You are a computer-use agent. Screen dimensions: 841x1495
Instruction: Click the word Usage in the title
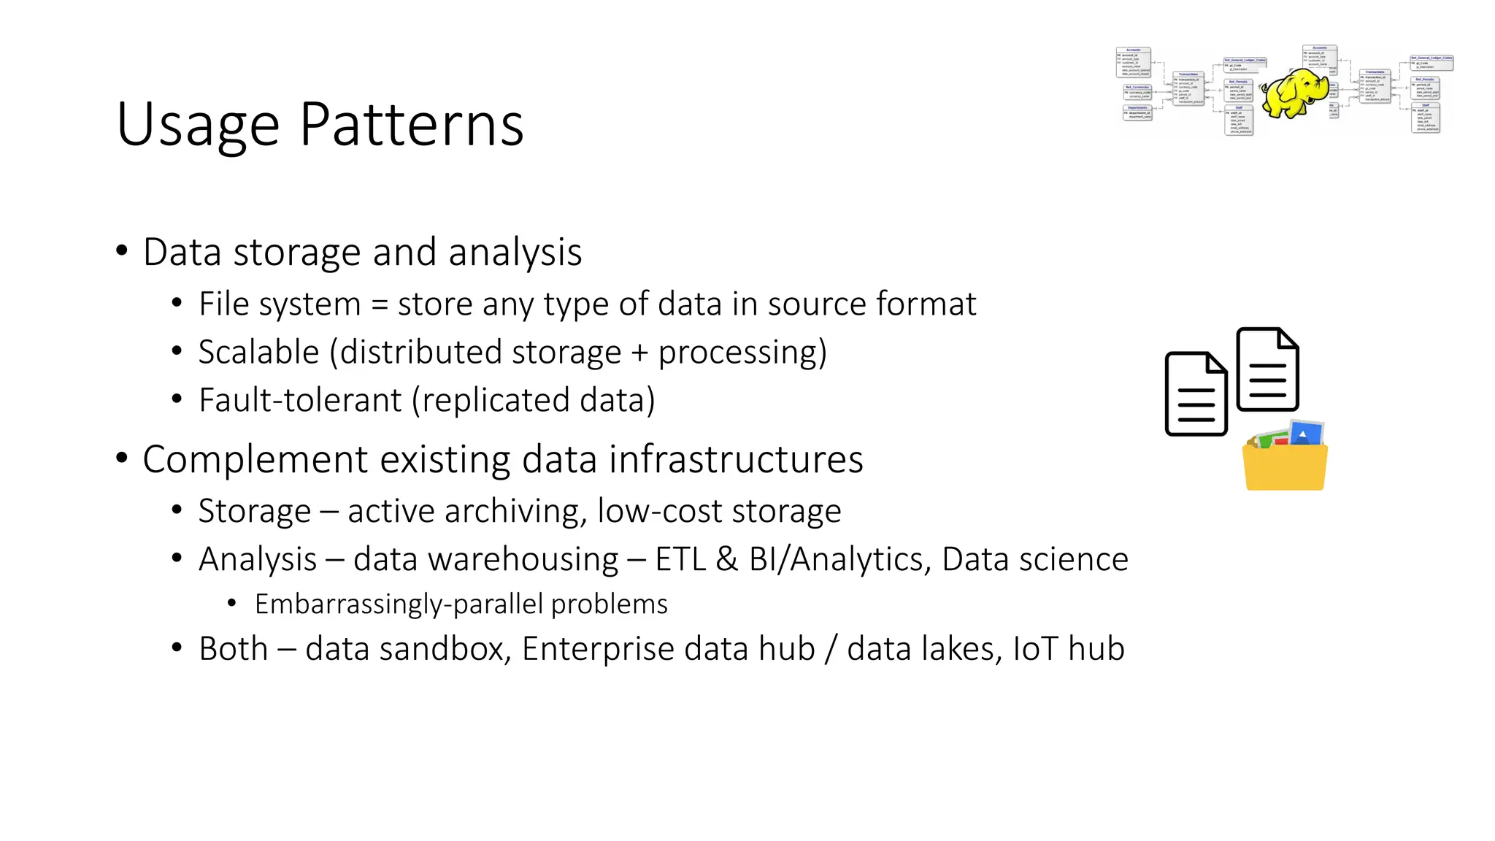197,126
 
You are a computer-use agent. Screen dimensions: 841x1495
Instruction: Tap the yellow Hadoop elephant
1295,93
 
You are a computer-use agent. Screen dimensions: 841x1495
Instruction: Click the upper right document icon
1268,369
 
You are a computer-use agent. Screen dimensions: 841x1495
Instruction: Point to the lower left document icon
1196,394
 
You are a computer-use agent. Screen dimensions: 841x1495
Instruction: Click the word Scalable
258,353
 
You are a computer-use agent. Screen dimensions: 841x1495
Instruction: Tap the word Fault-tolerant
300,401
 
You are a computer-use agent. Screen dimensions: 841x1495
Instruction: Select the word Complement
255,461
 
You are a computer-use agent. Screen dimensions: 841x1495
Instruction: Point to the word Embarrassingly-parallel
399,604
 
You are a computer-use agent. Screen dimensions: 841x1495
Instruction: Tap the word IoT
1035,649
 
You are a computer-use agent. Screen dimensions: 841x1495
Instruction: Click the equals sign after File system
379,305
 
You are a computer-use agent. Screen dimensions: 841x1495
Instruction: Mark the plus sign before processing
639,353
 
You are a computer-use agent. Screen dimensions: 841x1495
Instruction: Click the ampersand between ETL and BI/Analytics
726,560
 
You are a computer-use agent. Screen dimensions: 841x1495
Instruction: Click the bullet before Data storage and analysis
122,251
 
